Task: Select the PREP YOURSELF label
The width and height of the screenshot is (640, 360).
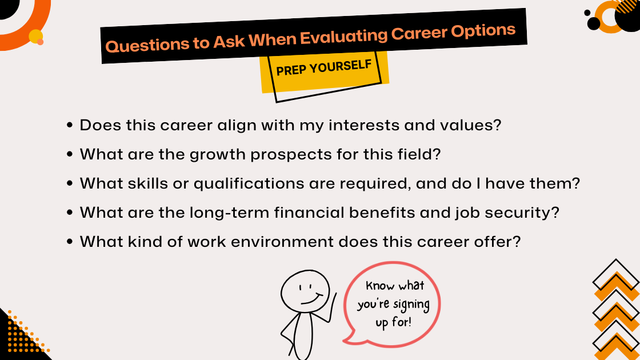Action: tap(323, 67)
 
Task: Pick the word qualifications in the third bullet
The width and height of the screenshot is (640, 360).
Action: tap(249, 183)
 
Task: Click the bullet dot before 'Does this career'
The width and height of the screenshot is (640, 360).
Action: tap(70, 125)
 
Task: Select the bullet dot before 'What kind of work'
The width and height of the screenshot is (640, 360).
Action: tap(70, 242)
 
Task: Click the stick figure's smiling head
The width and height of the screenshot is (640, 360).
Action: tap(305, 291)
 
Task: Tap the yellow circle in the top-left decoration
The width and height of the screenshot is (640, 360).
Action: tap(35, 36)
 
